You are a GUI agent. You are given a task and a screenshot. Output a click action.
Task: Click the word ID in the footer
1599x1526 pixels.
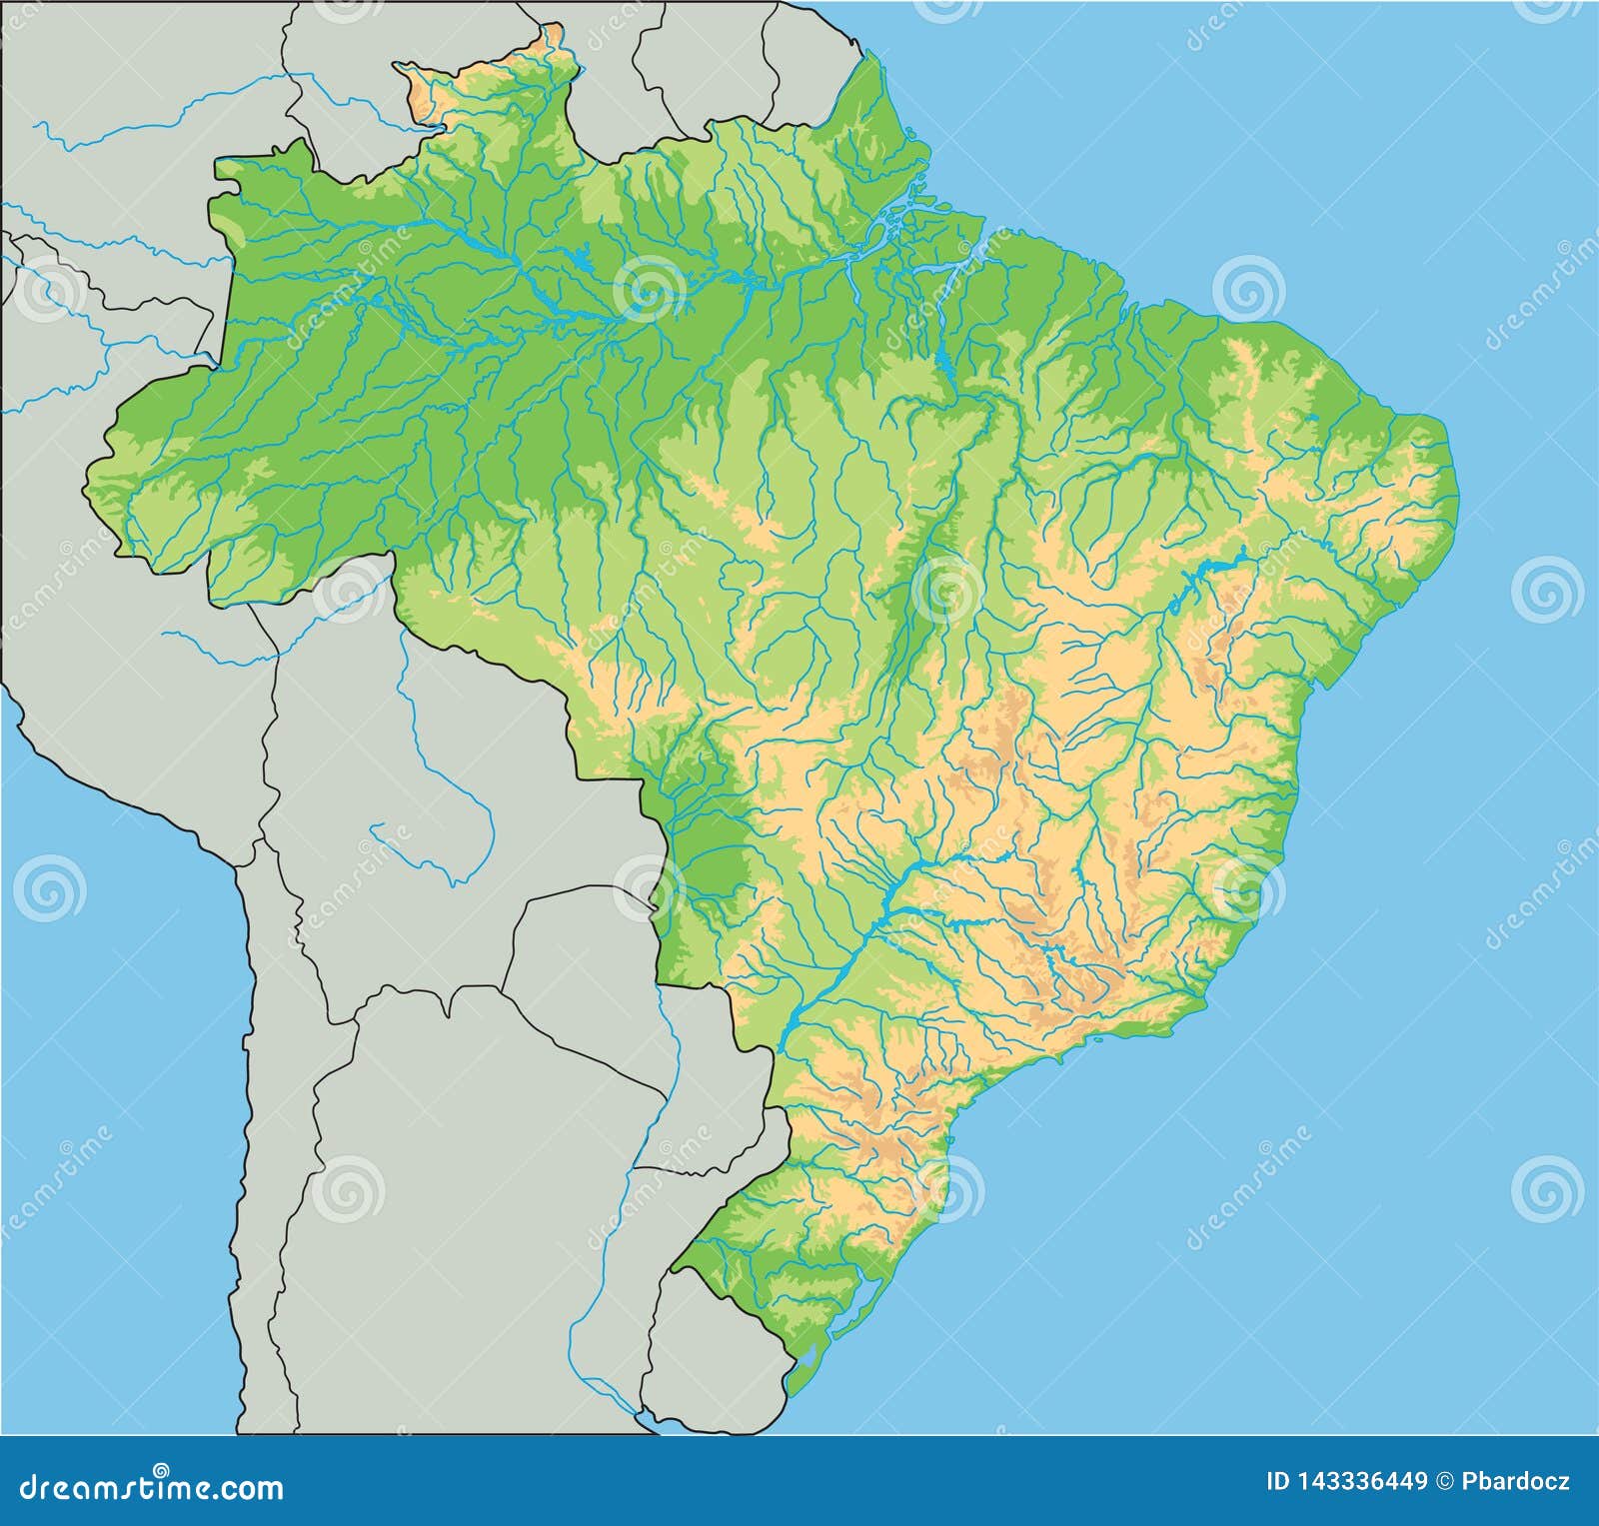click(1277, 1481)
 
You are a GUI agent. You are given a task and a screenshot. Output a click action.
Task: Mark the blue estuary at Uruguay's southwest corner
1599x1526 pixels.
click(650, 1419)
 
